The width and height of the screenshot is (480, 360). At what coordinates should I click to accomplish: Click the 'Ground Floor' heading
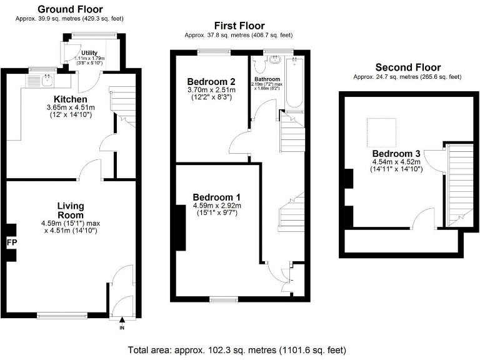pos(71,9)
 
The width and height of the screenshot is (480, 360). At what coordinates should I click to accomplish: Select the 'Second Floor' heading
pos(407,67)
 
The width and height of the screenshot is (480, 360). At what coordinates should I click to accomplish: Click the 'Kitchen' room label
pos(70,99)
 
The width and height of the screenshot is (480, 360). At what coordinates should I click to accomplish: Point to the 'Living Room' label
pos(71,211)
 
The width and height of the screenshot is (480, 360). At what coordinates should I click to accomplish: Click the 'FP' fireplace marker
pos(11,242)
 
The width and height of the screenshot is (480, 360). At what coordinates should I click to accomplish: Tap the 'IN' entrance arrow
pos(122,323)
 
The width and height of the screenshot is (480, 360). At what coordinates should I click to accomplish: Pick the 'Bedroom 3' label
pos(392,154)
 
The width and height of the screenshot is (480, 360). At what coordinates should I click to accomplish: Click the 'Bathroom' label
pos(266,79)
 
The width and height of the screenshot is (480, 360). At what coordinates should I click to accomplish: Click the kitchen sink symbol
pos(46,79)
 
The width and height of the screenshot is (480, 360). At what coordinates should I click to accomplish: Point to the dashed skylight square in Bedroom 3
pos(381,131)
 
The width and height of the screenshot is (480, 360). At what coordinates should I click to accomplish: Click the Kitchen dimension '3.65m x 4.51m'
pos(70,107)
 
